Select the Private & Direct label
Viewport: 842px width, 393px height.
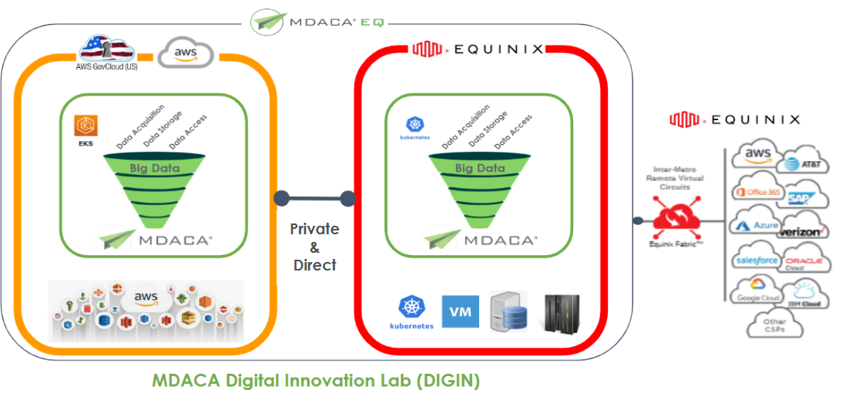tap(314, 247)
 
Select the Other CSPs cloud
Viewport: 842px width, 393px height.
tap(774, 325)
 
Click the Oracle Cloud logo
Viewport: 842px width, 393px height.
tap(803, 263)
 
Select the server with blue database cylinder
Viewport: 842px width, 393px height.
tap(508, 312)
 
